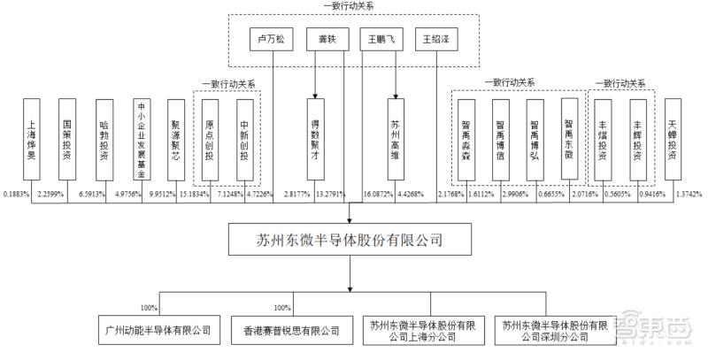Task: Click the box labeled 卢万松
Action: click(272, 41)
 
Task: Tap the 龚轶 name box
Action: click(316, 41)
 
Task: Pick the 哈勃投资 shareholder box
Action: click(104, 133)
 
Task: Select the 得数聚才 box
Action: click(314, 133)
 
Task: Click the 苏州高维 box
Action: click(394, 133)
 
